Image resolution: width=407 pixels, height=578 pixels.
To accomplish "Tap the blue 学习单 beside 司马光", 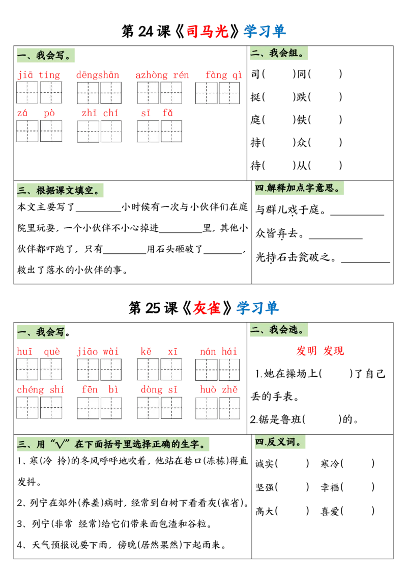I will point(265,32).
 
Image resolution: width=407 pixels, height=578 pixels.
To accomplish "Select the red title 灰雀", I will point(207,308).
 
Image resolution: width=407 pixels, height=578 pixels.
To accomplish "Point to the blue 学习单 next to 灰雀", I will point(258,308).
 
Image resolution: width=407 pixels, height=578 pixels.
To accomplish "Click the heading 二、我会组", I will point(278,53).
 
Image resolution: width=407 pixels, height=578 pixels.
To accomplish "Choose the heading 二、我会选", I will point(278,330).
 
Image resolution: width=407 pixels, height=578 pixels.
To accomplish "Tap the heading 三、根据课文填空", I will point(61,191).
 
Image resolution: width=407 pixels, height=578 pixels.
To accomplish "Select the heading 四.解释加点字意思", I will point(299,188).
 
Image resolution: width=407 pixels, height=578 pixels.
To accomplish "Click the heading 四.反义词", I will point(280,442).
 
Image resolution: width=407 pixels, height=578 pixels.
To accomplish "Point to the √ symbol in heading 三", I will point(62,444).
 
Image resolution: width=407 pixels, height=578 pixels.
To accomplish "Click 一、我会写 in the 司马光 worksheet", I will point(46,55).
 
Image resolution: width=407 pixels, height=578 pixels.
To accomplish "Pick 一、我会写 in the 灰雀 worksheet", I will point(42,332).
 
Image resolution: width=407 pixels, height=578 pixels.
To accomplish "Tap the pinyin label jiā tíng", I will point(39,75).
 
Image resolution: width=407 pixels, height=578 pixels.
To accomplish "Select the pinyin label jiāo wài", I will point(98,352).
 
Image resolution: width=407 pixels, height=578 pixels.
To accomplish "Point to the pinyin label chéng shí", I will point(40,390).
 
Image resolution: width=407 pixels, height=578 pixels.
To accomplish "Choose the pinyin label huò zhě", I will point(218,390).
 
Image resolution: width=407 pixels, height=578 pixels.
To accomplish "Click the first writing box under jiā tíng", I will point(27,93).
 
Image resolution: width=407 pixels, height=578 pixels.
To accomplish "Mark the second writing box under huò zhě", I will point(229,408).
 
